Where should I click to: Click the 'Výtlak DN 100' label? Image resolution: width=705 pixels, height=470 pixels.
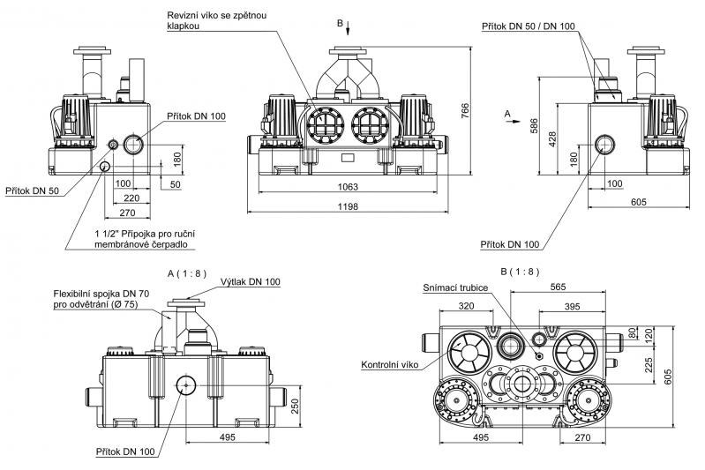tap(252, 281)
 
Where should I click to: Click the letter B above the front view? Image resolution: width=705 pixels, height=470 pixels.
tap(349, 21)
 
